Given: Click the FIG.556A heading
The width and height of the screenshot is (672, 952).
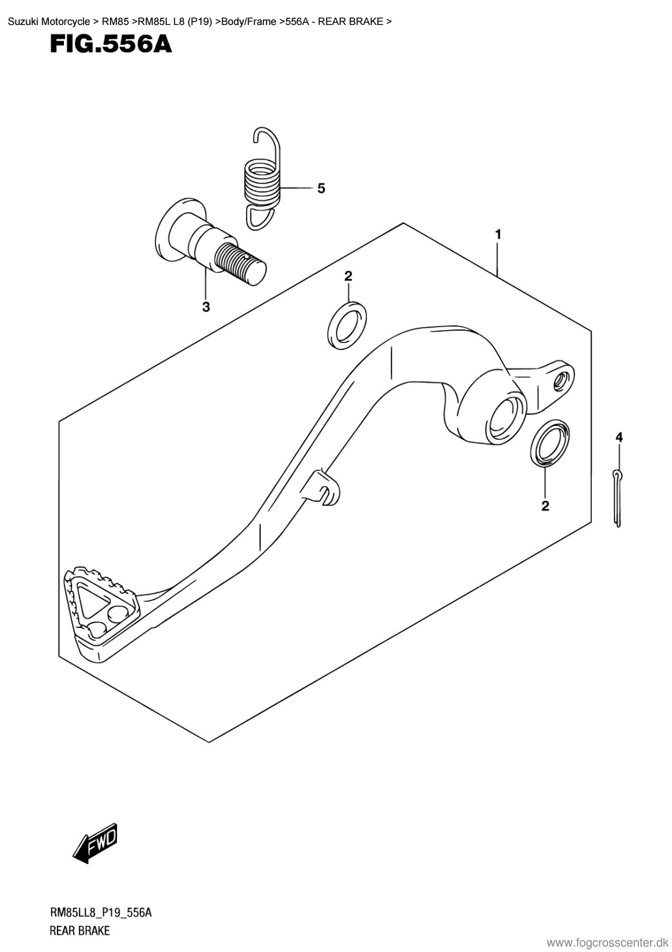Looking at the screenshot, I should click(111, 45).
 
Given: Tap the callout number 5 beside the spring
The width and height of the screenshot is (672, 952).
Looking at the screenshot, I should click(321, 188).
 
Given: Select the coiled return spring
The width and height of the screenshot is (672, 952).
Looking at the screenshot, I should click(262, 179).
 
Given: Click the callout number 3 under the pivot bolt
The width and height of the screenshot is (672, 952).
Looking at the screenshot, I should click(206, 307).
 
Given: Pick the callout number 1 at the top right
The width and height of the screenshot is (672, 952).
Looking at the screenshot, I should click(497, 234).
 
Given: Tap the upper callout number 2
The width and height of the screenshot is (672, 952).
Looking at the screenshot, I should click(348, 276).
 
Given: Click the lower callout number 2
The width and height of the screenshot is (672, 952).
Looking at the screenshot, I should click(545, 506).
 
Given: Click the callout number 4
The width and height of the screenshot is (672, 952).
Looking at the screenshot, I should click(619, 437).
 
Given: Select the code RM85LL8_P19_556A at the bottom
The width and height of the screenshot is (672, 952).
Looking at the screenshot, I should click(100, 913).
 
